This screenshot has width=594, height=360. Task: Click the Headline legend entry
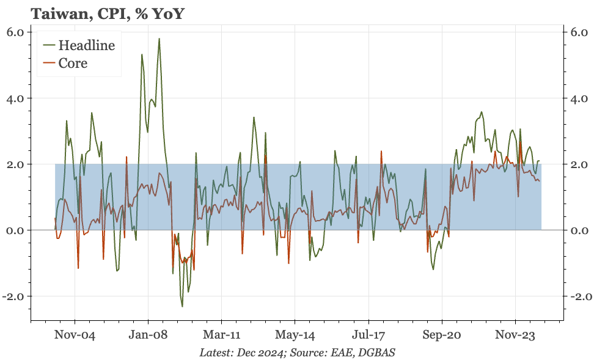click(86, 45)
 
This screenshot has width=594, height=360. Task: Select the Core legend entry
click(73, 63)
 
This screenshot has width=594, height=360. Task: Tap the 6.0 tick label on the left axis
click(15, 32)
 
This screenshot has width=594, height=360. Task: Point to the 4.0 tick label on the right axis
click(579, 98)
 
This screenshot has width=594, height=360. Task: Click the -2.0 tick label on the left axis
click(13, 296)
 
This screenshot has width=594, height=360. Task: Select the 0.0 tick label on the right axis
click(579, 230)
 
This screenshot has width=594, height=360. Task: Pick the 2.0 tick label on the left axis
click(15, 164)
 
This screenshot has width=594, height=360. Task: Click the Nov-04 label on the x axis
click(75, 335)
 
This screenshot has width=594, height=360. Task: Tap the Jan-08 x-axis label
click(148, 335)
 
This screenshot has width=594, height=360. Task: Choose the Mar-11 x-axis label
click(221, 335)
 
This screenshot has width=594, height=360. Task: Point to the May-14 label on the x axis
click(295, 335)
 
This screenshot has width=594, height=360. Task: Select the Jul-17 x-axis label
click(369, 335)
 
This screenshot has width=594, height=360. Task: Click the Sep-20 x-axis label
click(442, 335)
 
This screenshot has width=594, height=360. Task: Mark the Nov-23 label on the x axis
click(515, 335)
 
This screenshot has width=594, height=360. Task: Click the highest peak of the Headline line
click(159, 39)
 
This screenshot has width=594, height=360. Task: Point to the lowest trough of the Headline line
click(182, 306)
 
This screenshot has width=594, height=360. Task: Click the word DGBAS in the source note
click(379, 353)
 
